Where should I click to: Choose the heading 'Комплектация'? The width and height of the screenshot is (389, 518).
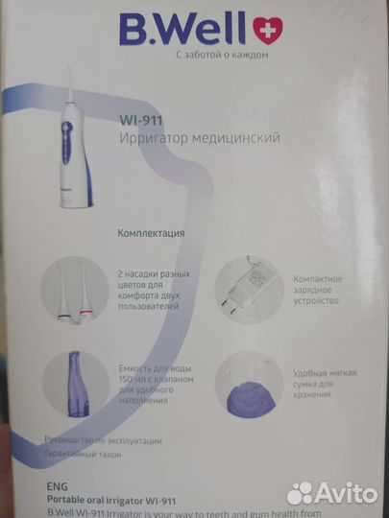pos(151,232)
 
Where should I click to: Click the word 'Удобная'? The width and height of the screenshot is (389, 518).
pos(300,367)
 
